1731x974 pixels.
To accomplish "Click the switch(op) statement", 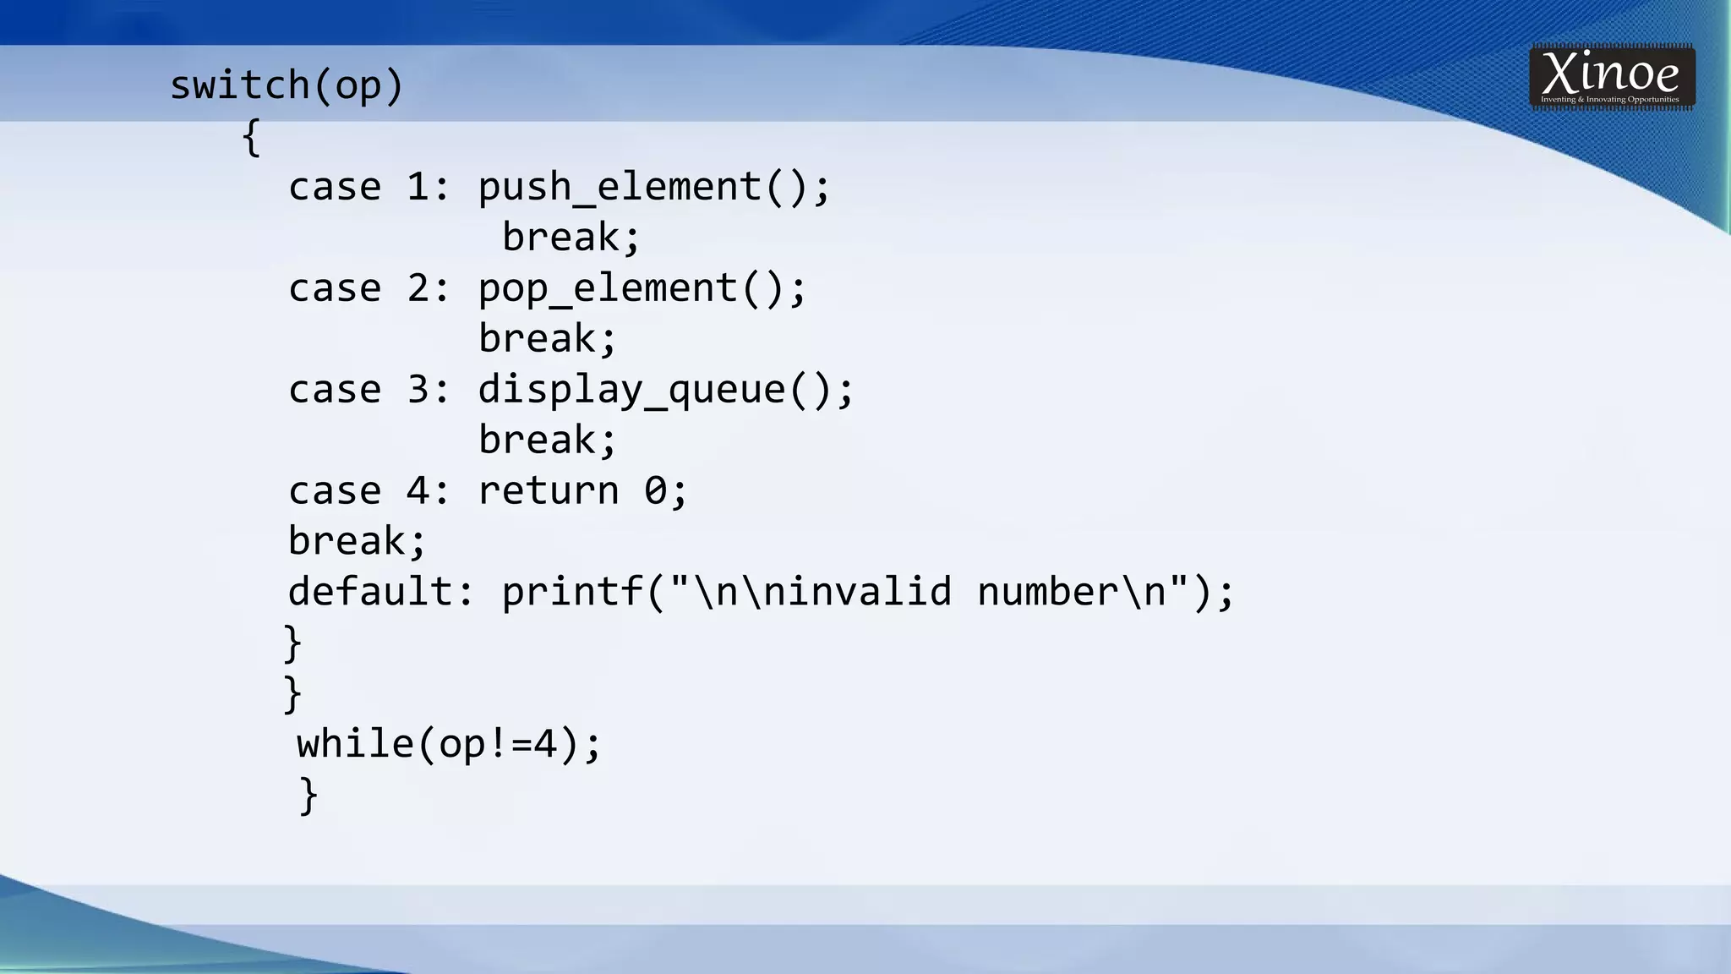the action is coord(287,86).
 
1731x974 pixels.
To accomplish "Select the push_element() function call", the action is coord(654,187).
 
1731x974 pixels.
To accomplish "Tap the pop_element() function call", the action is coord(642,288).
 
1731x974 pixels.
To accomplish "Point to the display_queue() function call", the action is coord(666,390).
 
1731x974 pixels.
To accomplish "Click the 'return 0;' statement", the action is coord(583,491).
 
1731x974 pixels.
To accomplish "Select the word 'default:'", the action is coord(381,591).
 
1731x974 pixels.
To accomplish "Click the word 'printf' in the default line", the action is coord(572,591).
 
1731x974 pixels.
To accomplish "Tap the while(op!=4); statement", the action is coord(449,744).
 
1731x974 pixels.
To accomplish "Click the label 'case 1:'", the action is coord(369,187).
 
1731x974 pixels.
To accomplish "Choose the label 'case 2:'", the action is coord(369,288).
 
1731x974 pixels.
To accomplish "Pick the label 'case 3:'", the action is coord(369,390).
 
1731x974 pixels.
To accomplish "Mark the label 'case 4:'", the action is coord(369,491).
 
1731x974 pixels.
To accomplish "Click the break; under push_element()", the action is coord(571,237).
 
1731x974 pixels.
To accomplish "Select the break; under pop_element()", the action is coord(548,339).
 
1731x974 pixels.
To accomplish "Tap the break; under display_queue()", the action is coord(548,440).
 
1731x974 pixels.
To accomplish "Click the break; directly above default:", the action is coord(358,541).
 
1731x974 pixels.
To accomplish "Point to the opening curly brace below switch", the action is coord(251,138).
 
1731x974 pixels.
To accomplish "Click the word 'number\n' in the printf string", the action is coord(1072,591).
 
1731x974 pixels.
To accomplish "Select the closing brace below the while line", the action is coord(309,796).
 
